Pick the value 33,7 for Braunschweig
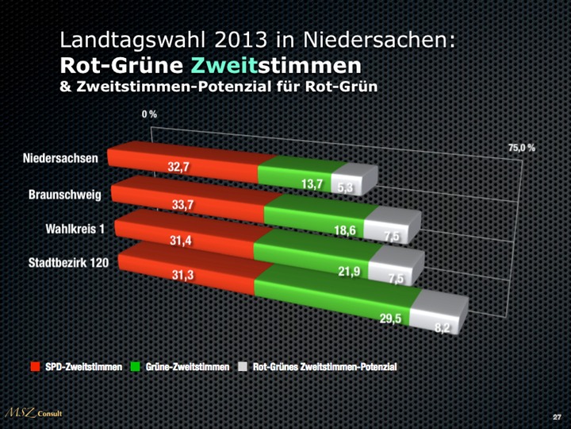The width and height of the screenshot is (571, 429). click(x=184, y=204)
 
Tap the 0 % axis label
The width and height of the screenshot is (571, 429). click(x=149, y=114)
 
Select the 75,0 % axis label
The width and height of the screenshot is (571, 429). click(x=522, y=149)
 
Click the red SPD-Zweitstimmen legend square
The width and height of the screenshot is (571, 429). click(x=35, y=367)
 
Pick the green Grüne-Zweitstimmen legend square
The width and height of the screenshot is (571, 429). click(x=136, y=367)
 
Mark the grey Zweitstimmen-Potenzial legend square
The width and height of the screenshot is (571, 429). click(x=242, y=367)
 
